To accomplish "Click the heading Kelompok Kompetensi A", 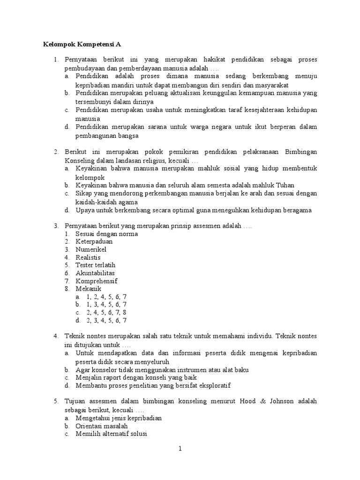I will tap(82, 45).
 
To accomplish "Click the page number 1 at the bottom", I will tap(180, 449).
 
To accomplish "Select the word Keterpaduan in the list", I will tap(94, 241).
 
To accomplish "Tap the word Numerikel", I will tap(91, 249).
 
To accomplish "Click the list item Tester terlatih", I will tap(95, 265).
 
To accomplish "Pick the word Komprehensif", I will tap(97, 281).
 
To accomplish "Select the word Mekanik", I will tap(89, 289).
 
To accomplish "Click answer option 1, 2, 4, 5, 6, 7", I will tap(106, 297).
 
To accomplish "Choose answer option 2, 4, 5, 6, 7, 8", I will tap(106, 313).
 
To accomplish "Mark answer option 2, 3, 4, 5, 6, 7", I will tap(106, 321).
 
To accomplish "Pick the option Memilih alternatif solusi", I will tap(112, 434).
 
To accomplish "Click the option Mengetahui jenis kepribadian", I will tap(119, 418).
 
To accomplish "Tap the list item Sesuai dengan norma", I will tap(107, 233).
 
